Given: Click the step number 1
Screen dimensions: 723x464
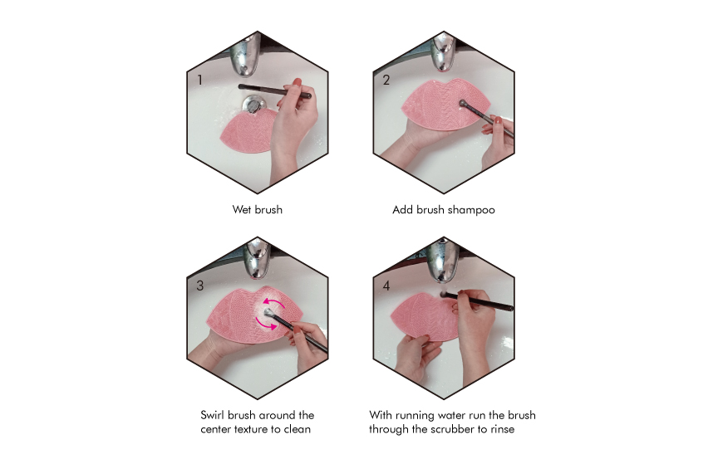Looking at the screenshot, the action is coord(199,81).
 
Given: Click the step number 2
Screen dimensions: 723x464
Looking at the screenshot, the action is coord(386,81).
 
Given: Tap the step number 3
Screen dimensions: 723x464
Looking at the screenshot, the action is coord(200,286).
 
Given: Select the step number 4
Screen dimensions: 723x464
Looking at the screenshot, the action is coord(386,286).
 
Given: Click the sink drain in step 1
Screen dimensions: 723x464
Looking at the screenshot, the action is coord(253,104).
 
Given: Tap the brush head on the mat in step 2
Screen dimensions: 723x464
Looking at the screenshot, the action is coord(463,104).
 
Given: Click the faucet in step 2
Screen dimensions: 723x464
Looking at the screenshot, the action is coord(443,52).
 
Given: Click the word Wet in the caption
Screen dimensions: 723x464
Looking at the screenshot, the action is coord(241,210).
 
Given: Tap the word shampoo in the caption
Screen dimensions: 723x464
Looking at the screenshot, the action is coord(471,210).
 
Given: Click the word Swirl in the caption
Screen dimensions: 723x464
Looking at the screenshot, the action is coord(213,415).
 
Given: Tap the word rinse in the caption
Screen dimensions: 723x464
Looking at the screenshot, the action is coord(503,429).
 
